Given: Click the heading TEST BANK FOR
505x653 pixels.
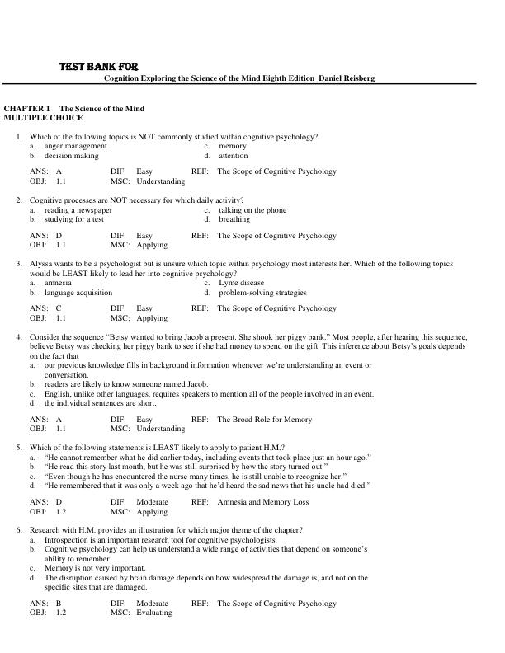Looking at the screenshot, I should click(x=98, y=66).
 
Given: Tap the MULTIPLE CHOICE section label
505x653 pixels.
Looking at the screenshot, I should click(x=44, y=118).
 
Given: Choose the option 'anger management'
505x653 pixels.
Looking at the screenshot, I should click(x=76, y=146).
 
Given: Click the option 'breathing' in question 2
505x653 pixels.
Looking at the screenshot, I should click(x=234, y=219).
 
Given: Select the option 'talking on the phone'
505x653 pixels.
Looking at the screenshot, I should click(x=252, y=210).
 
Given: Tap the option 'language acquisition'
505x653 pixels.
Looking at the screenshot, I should click(x=78, y=292).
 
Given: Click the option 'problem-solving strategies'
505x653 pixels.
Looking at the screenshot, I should click(x=262, y=292).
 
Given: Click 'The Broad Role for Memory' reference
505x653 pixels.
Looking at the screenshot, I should click(x=264, y=420).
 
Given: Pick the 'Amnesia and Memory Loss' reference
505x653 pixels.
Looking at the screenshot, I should click(x=262, y=501).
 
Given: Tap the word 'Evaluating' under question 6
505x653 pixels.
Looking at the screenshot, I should click(x=154, y=613).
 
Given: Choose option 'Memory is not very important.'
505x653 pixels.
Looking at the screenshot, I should click(x=96, y=568).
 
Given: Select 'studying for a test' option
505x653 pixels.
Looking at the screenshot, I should click(x=74, y=219).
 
